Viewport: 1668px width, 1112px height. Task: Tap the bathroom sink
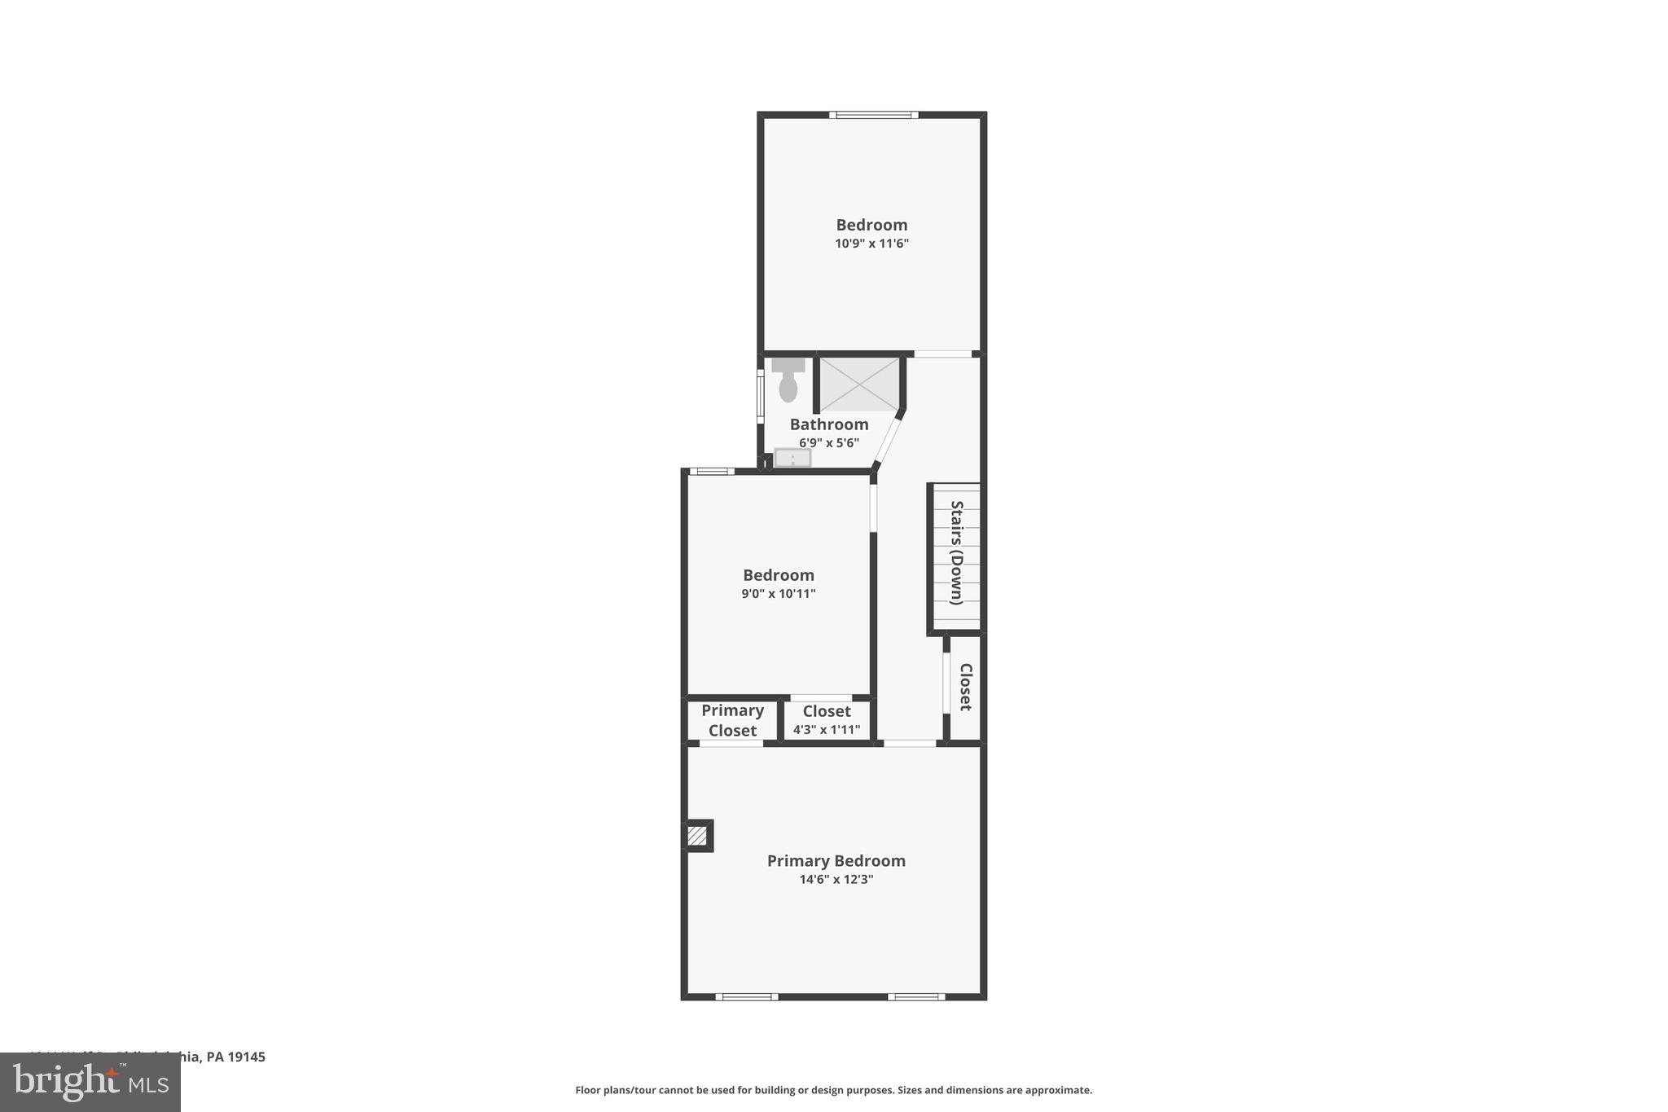(x=792, y=458)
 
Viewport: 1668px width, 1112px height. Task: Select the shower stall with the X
(x=858, y=384)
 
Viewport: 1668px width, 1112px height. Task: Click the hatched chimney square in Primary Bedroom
(x=697, y=836)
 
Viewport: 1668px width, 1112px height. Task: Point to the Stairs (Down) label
(x=957, y=552)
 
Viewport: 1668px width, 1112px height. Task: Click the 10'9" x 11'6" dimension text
(x=871, y=244)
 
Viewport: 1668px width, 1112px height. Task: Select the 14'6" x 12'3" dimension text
(x=836, y=880)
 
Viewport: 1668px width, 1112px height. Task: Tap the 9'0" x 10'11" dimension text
(x=778, y=594)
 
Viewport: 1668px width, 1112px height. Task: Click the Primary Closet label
(x=732, y=720)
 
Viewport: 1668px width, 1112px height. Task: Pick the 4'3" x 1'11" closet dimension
(x=826, y=730)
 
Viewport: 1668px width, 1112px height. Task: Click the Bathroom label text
(x=828, y=424)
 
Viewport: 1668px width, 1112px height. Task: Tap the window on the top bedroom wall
(x=874, y=115)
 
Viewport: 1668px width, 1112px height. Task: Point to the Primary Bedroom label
(x=836, y=861)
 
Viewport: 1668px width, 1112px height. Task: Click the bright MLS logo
(x=90, y=1082)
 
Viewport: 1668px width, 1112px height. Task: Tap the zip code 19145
(x=247, y=1057)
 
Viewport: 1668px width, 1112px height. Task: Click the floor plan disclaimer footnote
(x=833, y=1090)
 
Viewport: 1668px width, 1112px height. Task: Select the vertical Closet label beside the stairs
(x=965, y=687)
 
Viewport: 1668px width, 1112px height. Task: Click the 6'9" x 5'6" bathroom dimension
(x=828, y=443)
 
